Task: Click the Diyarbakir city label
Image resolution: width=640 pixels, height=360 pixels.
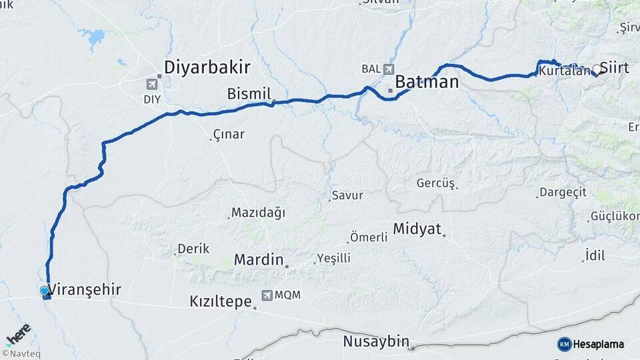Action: pos(207,67)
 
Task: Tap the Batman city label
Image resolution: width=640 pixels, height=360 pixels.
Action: pos(427,82)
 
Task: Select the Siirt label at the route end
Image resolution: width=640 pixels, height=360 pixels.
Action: pos(614,67)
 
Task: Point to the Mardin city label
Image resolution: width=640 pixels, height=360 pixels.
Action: pos(259,259)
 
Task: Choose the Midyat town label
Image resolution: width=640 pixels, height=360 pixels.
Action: pos(417,229)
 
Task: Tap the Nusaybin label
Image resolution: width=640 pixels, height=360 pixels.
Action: pos(375,341)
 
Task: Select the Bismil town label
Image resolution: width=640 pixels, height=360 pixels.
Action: pos(249,93)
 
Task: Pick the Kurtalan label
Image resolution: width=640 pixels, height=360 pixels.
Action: pos(565,71)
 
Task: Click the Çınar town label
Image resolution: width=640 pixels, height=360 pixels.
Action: pos(229,134)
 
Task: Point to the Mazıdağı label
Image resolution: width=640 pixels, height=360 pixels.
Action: pos(258,213)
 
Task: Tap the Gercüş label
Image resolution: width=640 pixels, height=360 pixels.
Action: pos(435,183)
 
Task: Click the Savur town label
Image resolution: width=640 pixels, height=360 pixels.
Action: pos(349,195)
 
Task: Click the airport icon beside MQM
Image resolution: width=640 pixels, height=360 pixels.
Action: pos(267,295)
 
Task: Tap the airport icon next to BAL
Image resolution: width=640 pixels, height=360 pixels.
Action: pos(389,69)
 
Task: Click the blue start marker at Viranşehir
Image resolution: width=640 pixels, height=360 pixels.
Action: pos(45,291)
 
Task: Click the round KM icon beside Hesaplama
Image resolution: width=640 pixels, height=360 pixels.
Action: pos(564,344)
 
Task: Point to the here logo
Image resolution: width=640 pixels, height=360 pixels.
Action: pos(18,335)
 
